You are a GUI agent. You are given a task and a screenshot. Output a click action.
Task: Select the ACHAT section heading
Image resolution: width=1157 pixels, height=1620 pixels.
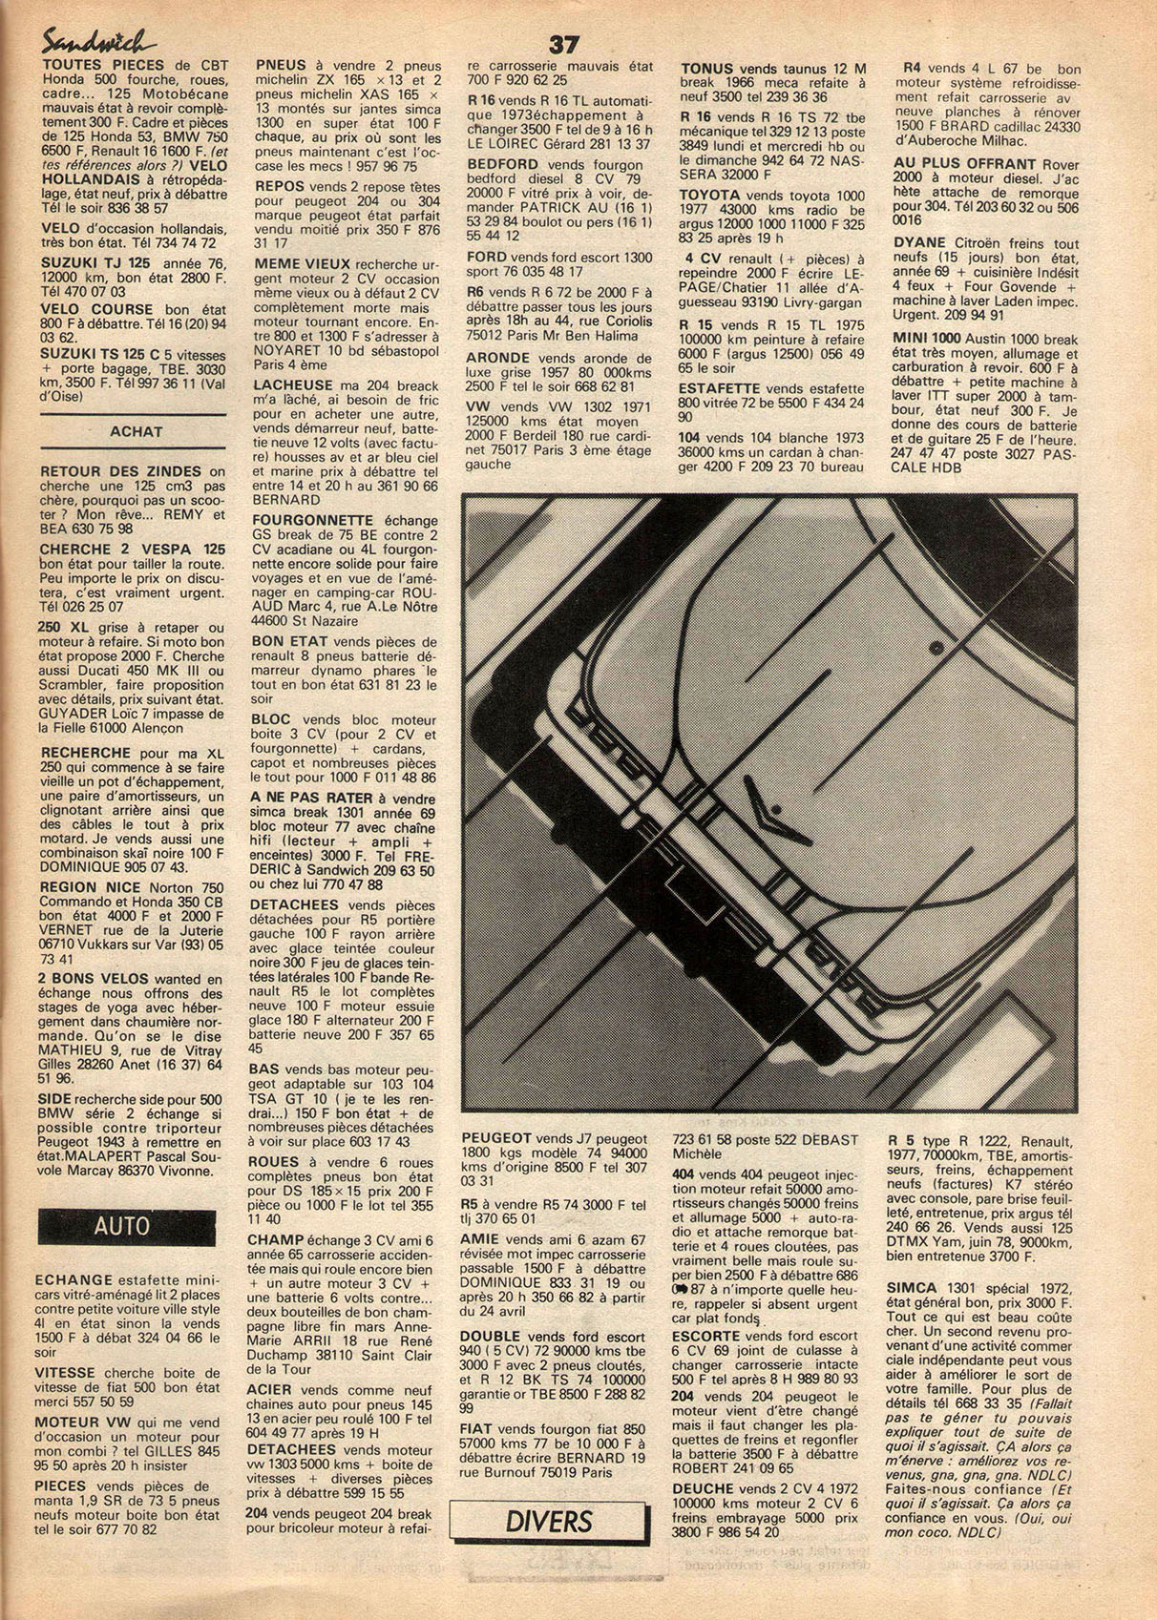[136, 431]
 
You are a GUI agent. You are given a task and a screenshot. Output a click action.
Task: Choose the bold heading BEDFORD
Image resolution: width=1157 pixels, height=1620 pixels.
[502, 164]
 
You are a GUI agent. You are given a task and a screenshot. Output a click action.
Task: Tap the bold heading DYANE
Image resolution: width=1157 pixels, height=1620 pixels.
[920, 242]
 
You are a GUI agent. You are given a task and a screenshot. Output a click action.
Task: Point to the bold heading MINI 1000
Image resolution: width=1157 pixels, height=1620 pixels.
[928, 338]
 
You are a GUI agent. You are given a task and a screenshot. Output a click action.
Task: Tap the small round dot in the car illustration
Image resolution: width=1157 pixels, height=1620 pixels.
[936, 647]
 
